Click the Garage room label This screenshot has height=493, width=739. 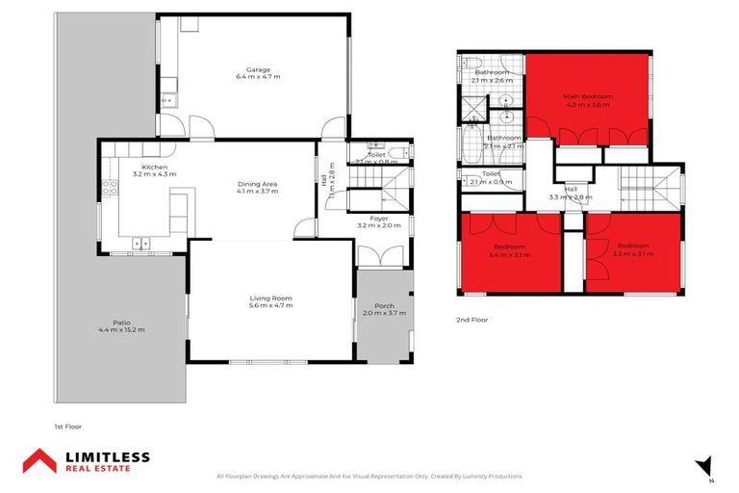point(257,69)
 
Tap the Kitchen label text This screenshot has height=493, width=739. point(155,168)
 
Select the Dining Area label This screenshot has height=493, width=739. point(258,183)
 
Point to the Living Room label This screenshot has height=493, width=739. point(270,298)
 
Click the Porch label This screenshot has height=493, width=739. point(384,306)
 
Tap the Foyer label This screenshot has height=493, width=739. point(378,219)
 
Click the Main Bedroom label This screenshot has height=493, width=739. point(587,97)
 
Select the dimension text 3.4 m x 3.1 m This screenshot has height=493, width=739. point(510,255)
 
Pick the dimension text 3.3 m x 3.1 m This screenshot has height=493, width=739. point(633,255)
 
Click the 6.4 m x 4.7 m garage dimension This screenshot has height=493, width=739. point(257,77)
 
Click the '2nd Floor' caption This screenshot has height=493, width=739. point(472,319)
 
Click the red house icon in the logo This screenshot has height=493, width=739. point(38,460)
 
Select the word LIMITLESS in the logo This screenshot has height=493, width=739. point(106,455)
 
